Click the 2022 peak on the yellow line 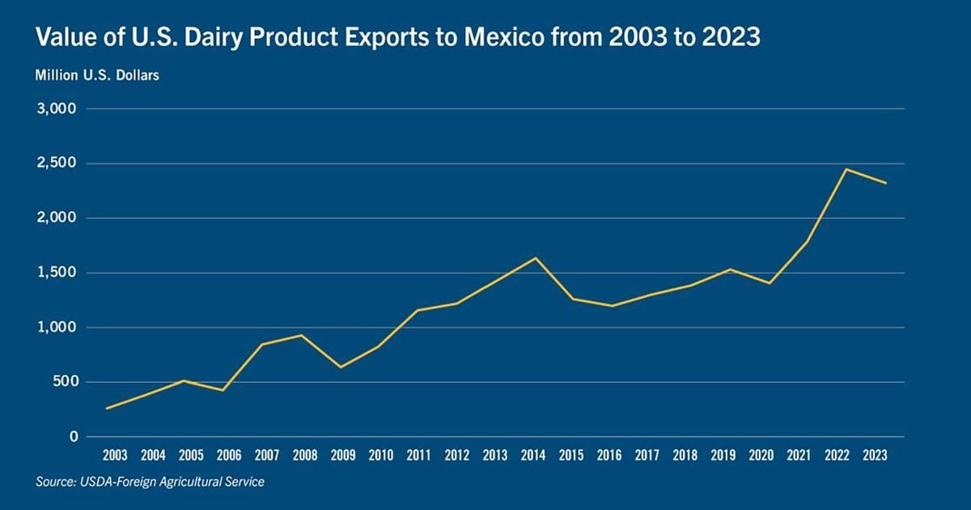click(x=846, y=169)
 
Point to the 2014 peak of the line click(x=535, y=258)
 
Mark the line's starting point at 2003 click(x=107, y=408)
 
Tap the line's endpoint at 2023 click(x=885, y=183)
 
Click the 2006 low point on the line click(x=223, y=390)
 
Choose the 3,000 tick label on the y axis click(x=57, y=108)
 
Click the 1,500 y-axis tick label click(x=57, y=273)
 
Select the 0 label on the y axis click(x=73, y=437)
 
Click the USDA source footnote click(x=150, y=482)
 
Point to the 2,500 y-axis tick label click(x=57, y=164)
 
